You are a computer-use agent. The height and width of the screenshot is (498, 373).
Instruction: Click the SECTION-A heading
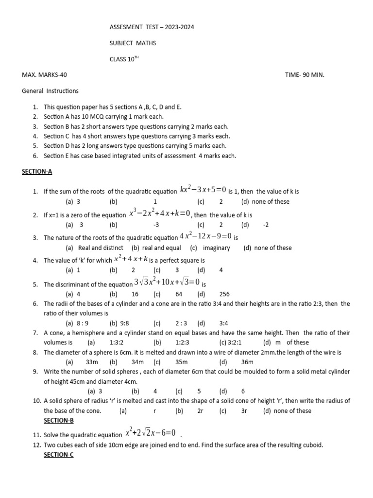point(37,172)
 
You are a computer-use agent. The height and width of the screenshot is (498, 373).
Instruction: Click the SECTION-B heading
point(59,420)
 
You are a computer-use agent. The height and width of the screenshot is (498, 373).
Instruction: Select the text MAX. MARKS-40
point(45,75)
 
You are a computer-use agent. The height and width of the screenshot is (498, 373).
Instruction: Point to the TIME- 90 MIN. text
point(305,75)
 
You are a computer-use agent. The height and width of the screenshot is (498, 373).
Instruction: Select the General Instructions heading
point(51,90)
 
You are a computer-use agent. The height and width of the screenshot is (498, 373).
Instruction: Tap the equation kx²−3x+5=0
point(203,190)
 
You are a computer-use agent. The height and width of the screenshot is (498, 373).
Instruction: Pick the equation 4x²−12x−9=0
point(206,236)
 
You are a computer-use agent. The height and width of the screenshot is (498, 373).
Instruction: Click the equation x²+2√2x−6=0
point(150,432)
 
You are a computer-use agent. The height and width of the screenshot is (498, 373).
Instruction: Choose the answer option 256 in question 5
point(224,294)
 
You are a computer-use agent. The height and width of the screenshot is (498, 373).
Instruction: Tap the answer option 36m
point(247,362)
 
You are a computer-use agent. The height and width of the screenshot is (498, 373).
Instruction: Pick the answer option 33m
point(92,362)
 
